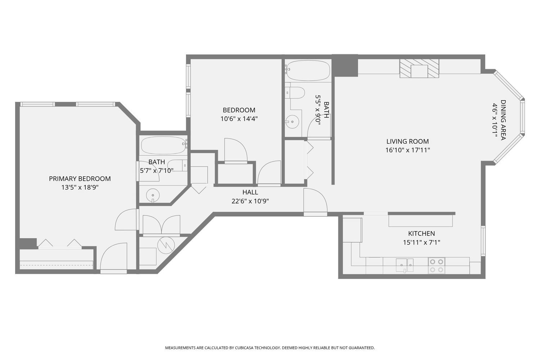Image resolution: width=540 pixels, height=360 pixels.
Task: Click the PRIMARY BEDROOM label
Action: [x=80, y=179]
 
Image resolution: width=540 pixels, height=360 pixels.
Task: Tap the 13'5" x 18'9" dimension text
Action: [x=80, y=187]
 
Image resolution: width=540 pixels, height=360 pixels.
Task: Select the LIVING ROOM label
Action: [x=408, y=141]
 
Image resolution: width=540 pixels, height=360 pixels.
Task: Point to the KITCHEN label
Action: [x=422, y=233]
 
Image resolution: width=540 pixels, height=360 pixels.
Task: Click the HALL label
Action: [x=250, y=192]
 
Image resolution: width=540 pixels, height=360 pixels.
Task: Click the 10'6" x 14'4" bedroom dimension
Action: [x=239, y=119]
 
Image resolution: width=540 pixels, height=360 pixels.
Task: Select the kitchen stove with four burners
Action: [x=437, y=265]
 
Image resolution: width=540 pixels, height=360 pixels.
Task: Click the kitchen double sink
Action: [x=405, y=265]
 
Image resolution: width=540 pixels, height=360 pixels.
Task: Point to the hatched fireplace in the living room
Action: [x=419, y=68]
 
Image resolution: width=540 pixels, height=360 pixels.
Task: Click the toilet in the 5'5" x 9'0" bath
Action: [x=295, y=93]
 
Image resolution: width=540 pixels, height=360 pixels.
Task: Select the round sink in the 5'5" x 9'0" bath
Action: [x=292, y=122]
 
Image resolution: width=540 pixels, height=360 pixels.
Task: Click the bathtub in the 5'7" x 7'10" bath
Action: [x=164, y=145]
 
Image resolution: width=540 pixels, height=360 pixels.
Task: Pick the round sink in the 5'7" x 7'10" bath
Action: [x=153, y=195]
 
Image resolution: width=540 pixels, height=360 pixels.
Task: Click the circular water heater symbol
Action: [x=166, y=245]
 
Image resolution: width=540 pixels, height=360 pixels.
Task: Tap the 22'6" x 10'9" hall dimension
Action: [x=250, y=201]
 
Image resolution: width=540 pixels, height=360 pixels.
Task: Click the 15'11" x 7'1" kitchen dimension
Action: [x=422, y=242]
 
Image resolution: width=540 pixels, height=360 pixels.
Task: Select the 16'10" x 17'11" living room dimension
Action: [x=408, y=150]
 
